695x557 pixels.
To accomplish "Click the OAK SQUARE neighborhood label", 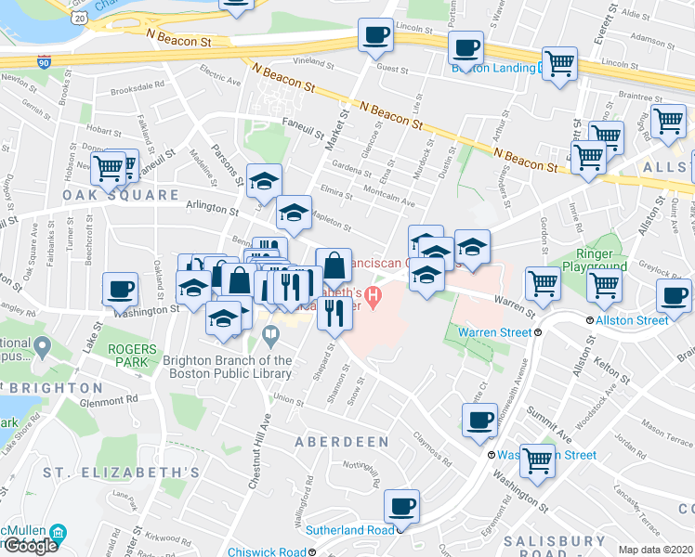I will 121,195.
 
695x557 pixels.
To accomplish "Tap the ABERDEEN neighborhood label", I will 342,442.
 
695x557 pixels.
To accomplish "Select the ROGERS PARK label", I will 138,356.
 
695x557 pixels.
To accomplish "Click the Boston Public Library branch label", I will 227,368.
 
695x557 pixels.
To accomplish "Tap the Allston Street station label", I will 632,320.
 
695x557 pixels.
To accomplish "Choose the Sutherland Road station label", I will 350,531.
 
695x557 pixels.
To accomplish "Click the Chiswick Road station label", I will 266,552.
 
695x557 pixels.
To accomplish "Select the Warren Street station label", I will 498,331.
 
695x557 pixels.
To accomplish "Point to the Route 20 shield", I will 80,18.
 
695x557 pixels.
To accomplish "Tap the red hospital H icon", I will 374,299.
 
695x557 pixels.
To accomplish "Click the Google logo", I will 30,546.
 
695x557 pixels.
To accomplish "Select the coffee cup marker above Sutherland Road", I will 401,506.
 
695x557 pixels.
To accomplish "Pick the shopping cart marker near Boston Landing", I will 559,64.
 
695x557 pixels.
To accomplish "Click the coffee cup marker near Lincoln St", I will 376,35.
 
